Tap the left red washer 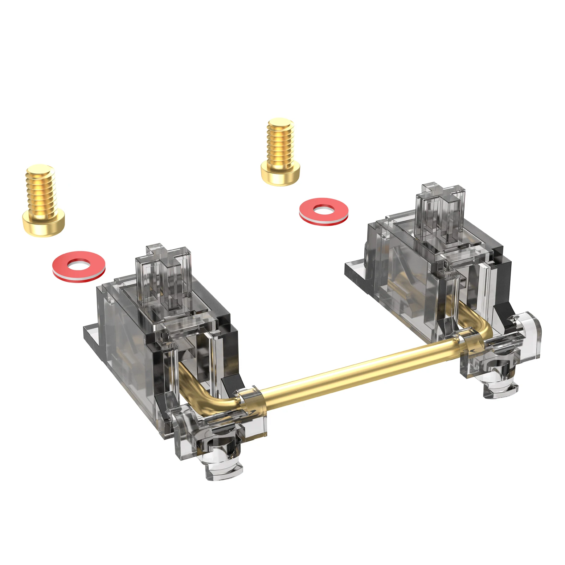coord(79,267)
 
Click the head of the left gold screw coord(44,222)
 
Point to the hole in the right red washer coord(323,210)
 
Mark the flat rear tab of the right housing coord(355,270)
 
